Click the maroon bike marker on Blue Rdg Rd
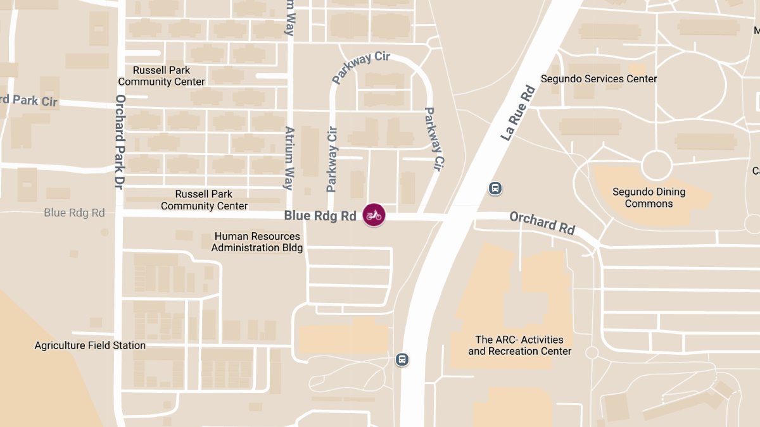[x=374, y=215]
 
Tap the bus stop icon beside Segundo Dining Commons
[x=495, y=188]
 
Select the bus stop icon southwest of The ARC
[x=402, y=359]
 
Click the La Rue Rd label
[x=518, y=113]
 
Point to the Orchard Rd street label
[x=542, y=223]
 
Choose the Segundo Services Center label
[x=598, y=79]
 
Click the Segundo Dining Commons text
[x=649, y=197]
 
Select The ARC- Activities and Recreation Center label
[x=519, y=345]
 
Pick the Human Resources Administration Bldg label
[x=257, y=242]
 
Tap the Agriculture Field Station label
[x=90, y=345]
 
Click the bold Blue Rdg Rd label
[x=320, y=216]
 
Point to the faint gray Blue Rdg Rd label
[x=74, y=213]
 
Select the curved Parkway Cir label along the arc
[x=361, y=67]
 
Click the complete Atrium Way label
[x=289, y=158]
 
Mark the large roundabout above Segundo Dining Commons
[x=656, y=165]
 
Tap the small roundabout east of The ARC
[x=592, y=352]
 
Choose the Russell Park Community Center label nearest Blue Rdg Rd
[x=204, y=200]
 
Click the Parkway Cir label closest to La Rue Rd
[x=433, y=139]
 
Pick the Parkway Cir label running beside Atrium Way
[x=332, y=159]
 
